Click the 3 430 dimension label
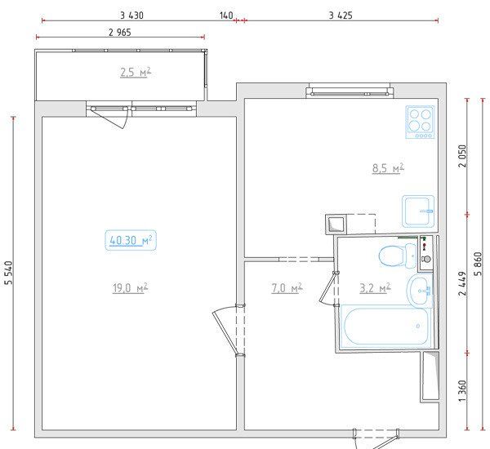131,16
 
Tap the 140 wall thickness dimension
226,16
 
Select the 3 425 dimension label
341,16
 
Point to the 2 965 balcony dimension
120,32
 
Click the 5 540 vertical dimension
9,273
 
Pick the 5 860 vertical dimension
478,264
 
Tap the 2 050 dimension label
462,156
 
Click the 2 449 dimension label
462,283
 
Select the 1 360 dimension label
462,391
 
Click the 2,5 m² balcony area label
136,73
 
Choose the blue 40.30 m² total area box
131,240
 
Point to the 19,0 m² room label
130,288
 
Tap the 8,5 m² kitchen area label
388,168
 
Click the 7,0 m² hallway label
287,288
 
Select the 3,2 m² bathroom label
375,288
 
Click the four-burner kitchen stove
421,122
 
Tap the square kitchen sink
418,211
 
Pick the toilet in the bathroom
398,256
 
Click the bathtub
386,327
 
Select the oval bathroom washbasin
420,291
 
